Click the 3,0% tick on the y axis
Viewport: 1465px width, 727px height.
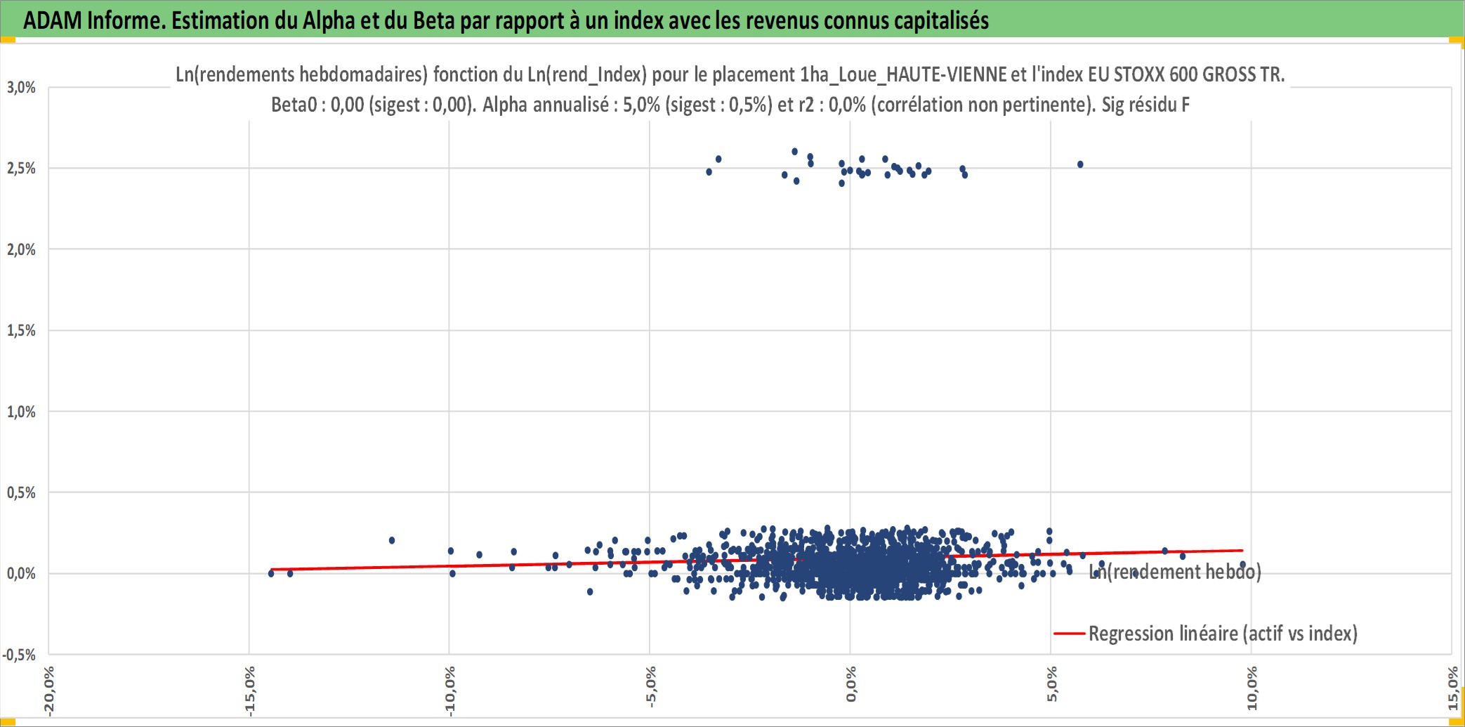pyautogui.click(x=21, y=87)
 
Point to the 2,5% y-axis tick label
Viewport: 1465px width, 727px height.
pyautogui.click(x=21, y=169)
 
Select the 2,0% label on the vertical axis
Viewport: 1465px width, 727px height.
pyautogui.click(x=21, y=249)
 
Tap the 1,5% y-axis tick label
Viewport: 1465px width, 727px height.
pyautogui.click(x=21, y=330)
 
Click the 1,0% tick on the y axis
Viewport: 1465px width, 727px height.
pyautogui.click(x=21, y=412)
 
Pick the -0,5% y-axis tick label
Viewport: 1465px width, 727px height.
pyautogui.click(x=19, y=655)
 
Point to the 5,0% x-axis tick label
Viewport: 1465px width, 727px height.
pyautogui.click(x=1051, y=685)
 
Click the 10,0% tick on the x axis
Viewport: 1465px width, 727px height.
pyautogui.click(x=1252, y=688)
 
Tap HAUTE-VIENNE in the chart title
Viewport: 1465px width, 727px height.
pyautogui.click(x=947, y=74)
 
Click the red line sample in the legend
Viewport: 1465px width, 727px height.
pyautogui.click(x=1069, y=634)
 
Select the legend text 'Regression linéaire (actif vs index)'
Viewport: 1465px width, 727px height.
pyautogui.click(x=1223, y=634)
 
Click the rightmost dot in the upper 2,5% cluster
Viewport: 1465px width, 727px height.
pyautogui.click(x=1080, y=164)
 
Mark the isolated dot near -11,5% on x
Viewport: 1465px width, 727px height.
pyautogui.click(x=392, y=540)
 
